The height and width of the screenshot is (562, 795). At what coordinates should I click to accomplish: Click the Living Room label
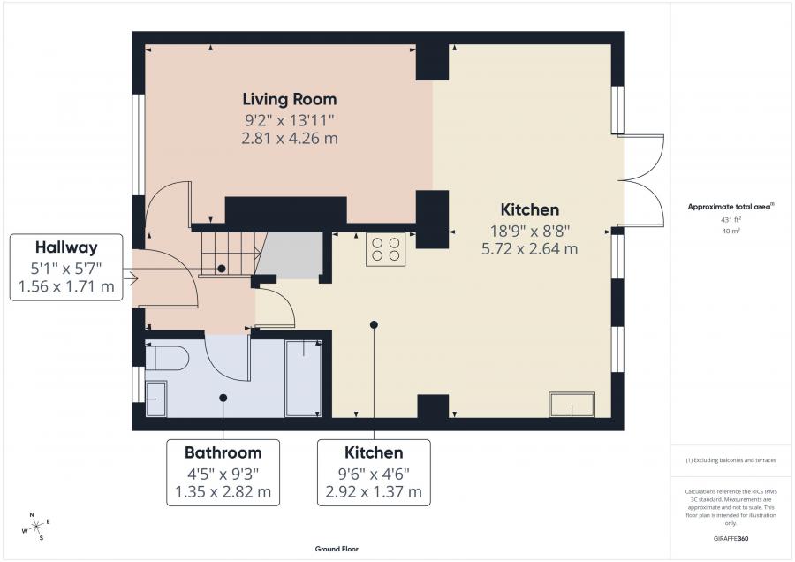pyautogui.click(x=290, y=99)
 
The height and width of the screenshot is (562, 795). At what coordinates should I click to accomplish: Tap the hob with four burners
pyautogui.click(x=386, y=249)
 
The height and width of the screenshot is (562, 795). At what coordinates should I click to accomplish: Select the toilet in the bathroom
pyautogui.click(x=167, y=359)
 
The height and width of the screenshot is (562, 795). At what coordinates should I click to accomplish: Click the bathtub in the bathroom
pyautogui.click(x=303, y=378)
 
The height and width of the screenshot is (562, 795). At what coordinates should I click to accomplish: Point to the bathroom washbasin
pyautogui.click(x=156, y=399)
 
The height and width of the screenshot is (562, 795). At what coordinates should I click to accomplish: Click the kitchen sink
pyautogui.click(x=572, y=404)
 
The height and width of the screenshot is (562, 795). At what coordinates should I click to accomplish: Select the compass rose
pyautogui.click(x=37, y=527)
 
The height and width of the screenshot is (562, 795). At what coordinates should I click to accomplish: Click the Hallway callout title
pyautogui.click(x=66, y=247)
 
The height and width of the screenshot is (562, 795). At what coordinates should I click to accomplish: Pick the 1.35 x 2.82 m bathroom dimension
pyautogui.click(x=223, y=491)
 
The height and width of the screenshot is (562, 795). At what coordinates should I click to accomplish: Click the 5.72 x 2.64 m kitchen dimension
pyautogui.click(x=530, y=248)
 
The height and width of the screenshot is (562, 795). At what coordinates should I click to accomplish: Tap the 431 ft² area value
pyautogui.click(x=731, y=220)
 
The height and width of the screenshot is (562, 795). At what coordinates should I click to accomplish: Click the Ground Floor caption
pyautogui.click(x=337, y=549)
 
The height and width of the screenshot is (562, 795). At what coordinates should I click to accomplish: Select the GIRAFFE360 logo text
pyautogui.click(x=731, y=539)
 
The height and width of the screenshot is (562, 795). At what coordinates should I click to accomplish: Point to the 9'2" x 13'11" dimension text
pyautogui.click(x=290, y=121)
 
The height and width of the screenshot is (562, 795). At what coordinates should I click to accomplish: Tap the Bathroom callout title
pyautogui.click(x=223, y=452)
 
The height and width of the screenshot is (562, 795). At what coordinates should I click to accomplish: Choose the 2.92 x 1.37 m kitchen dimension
pyautogui.click(x=374, y=491)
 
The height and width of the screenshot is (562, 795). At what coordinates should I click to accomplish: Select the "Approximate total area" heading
pyautogui.click(x=731, y=207)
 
